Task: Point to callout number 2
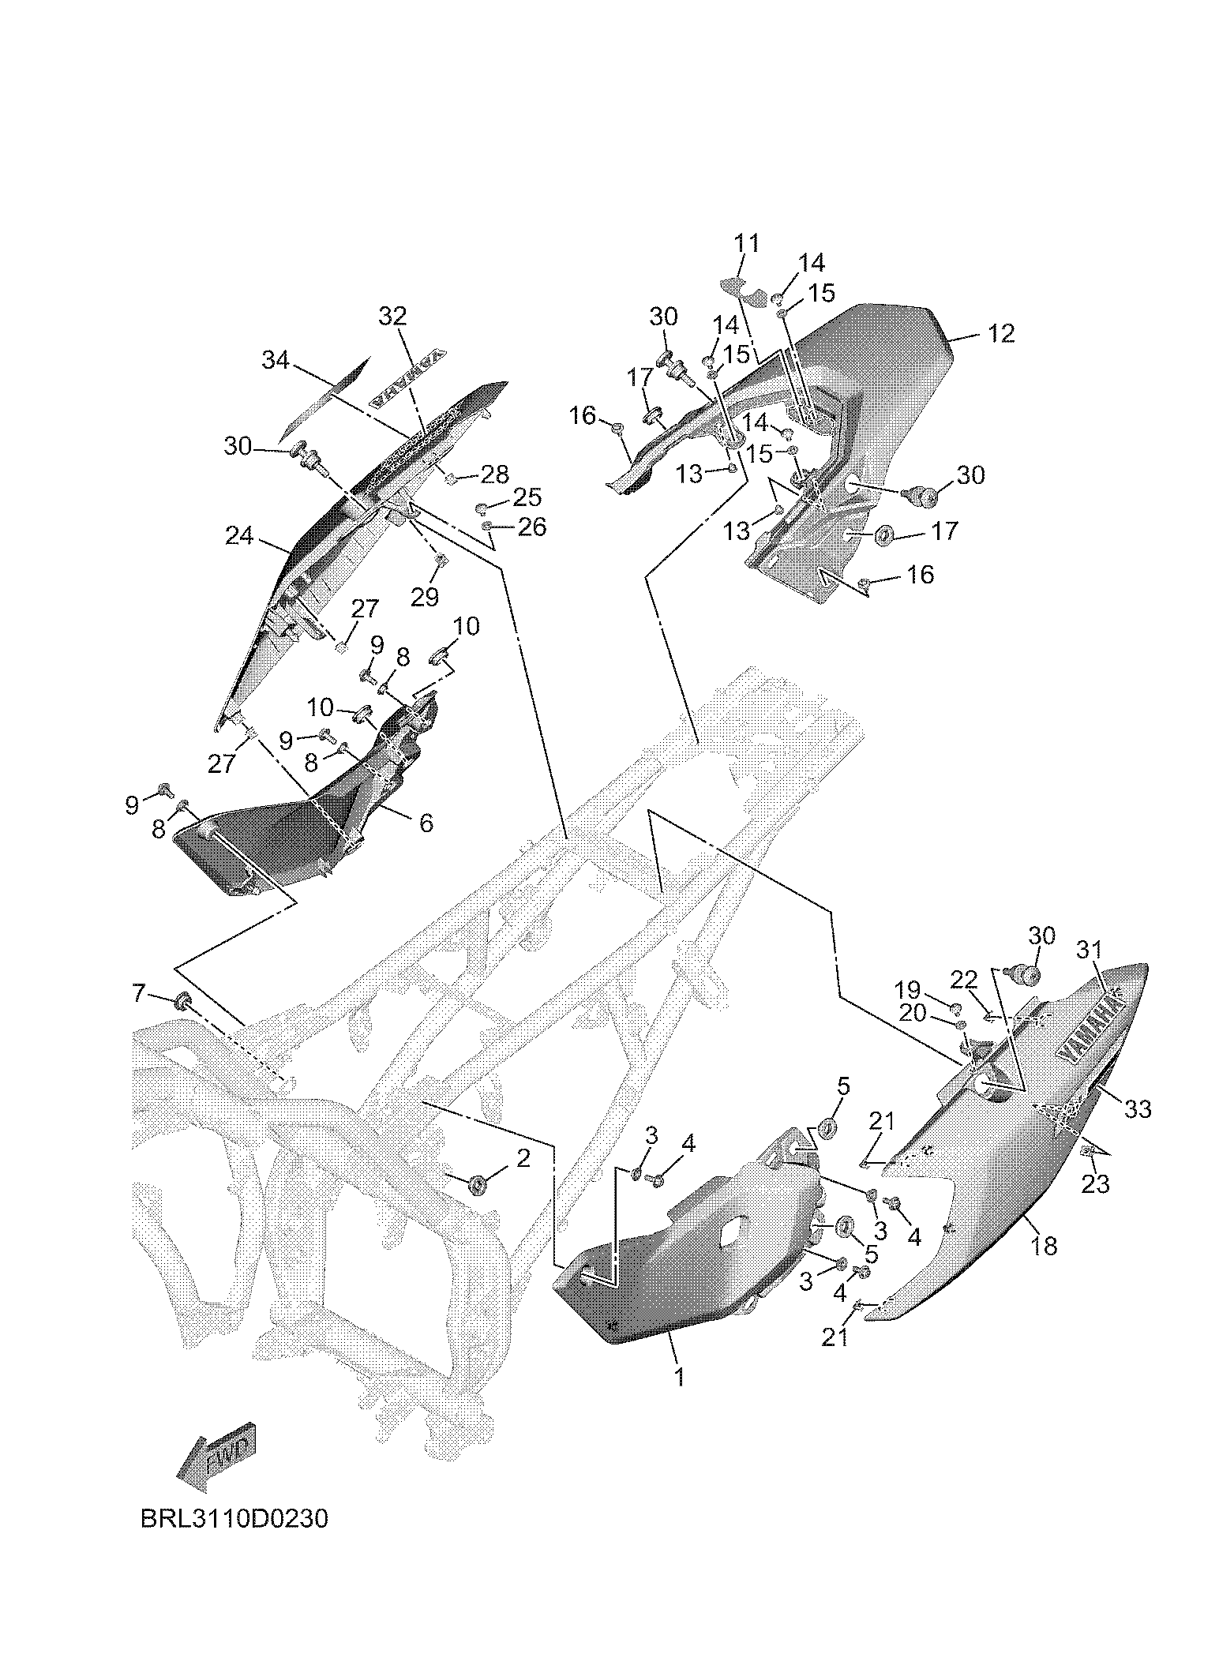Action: point(523,1158)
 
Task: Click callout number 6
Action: point(426,823)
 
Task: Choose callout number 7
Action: point(140,992)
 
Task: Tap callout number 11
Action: point(746,243)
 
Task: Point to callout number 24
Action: point(239,536)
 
